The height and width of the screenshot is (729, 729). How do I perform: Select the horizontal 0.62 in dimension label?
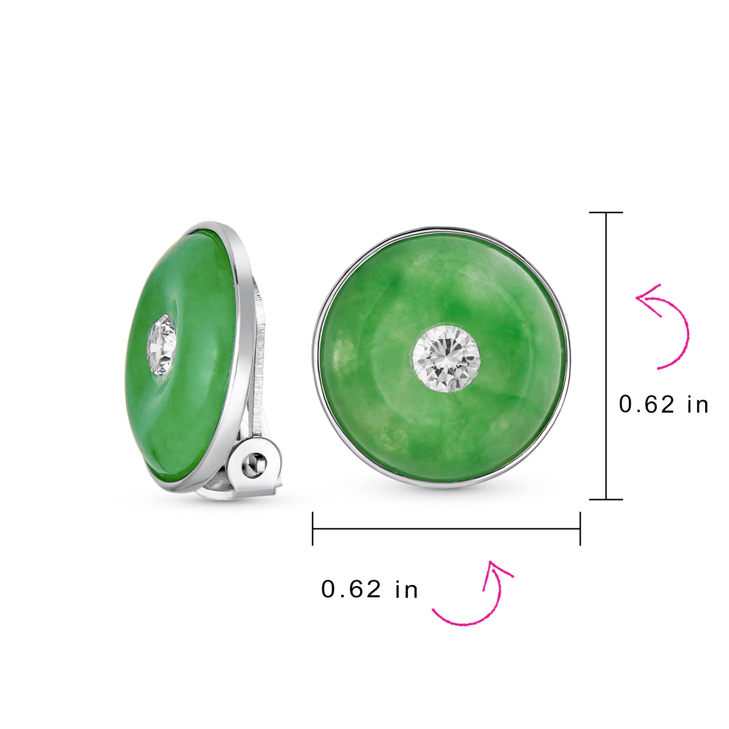(369, 590)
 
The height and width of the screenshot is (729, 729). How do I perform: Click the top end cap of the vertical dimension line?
(606, 212)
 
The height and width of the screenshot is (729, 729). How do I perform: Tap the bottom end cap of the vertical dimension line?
(606, 499)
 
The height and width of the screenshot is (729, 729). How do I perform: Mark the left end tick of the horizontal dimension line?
(313, 529)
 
